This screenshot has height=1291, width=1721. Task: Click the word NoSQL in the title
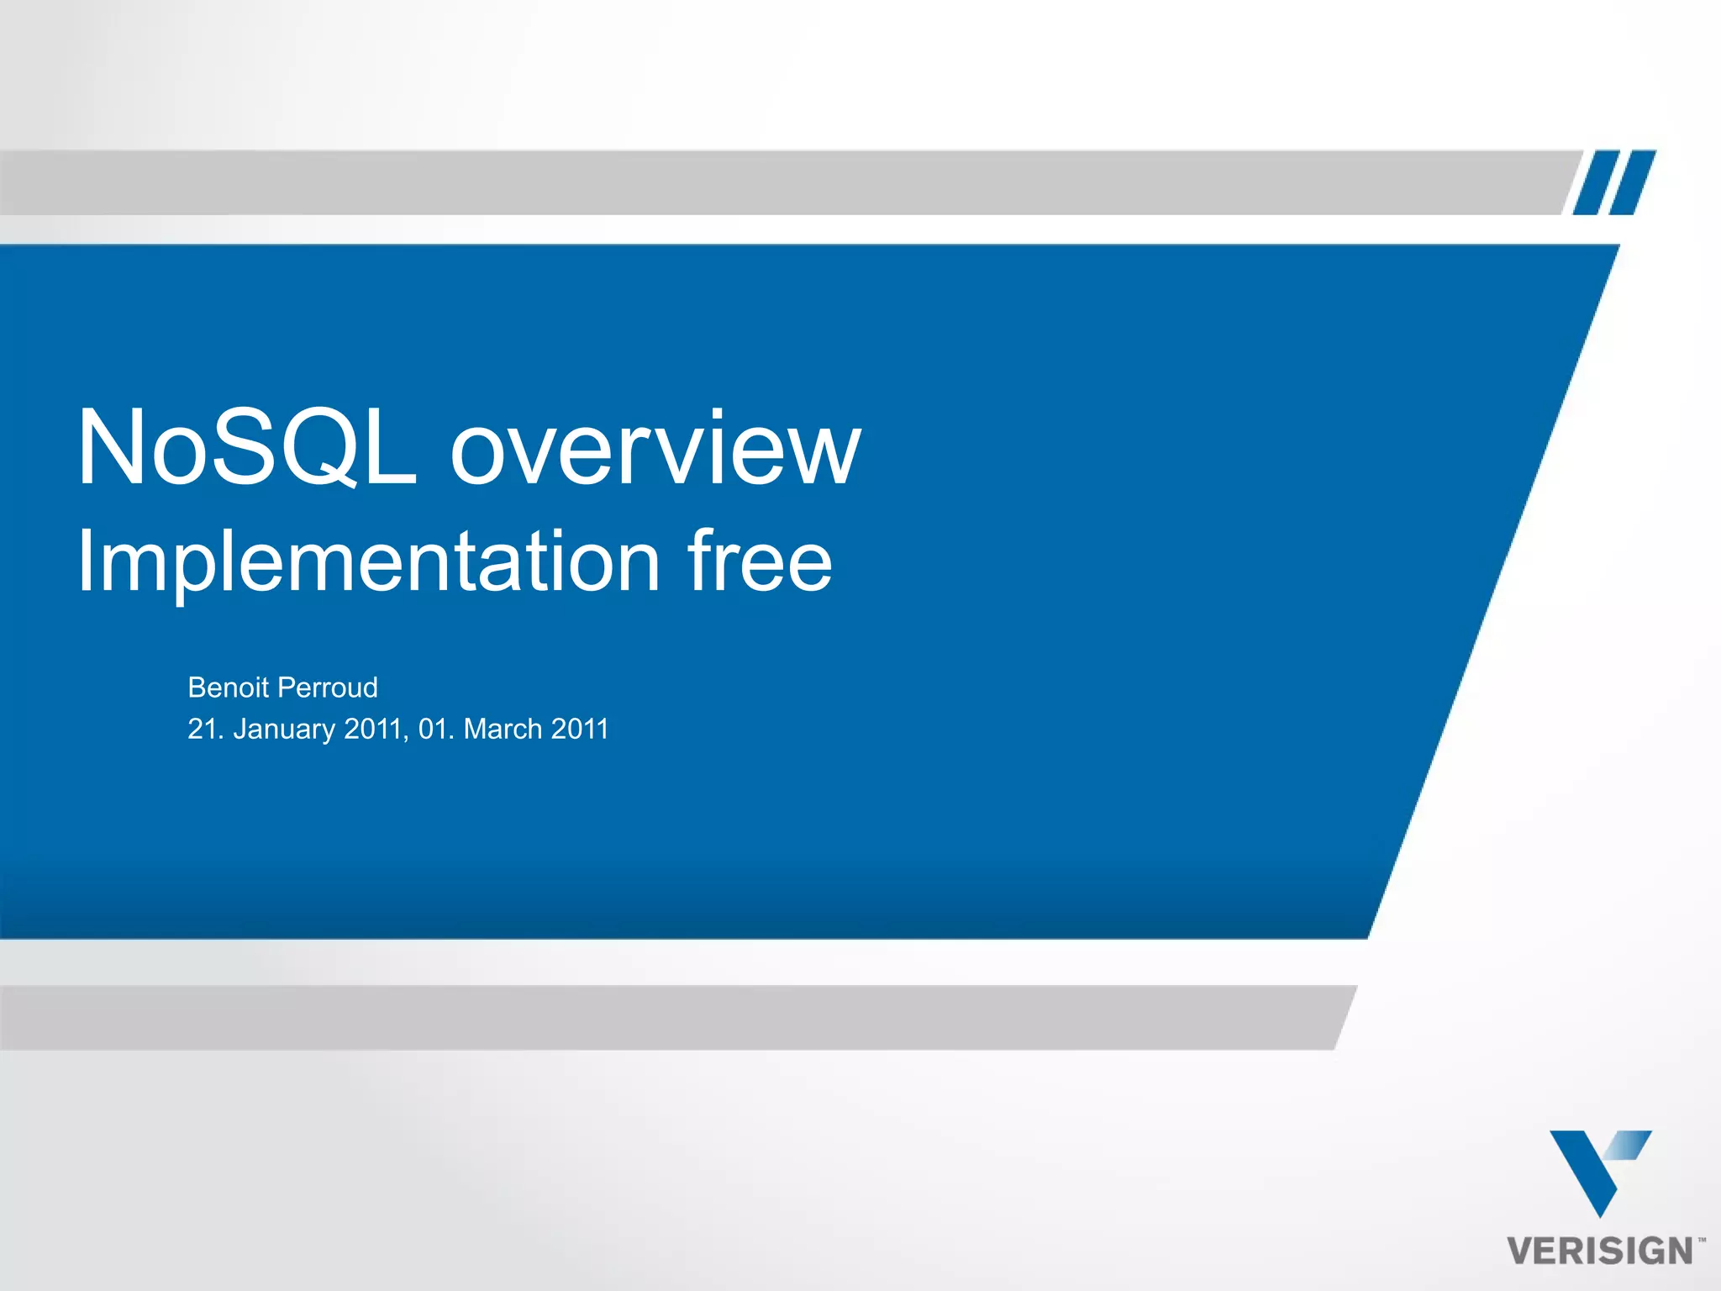click(246, 447)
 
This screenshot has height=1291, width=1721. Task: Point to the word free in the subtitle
click(759, 561)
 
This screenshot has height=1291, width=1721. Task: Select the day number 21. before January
click(206, 729)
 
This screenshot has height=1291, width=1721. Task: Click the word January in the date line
click(284, 730)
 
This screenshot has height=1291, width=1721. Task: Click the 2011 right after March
click(580, 729)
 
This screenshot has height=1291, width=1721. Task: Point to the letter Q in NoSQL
click(313, 447)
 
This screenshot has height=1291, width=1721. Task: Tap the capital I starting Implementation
click(85, 561)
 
